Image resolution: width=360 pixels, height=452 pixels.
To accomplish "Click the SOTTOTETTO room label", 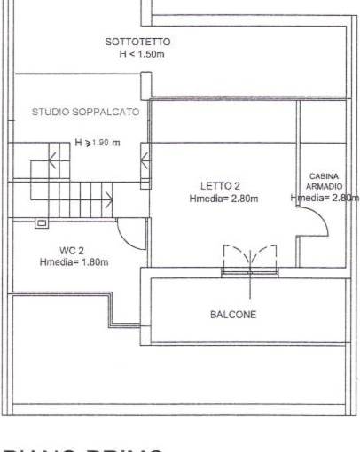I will [x=137, y=42].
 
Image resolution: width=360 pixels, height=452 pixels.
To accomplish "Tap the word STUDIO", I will [x=50, y=113].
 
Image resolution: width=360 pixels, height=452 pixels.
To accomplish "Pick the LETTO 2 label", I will [x=220, y=185].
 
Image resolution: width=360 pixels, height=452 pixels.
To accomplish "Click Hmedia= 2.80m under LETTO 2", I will [x=223, y=199].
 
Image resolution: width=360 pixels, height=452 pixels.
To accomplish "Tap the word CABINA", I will [x=325, y=176].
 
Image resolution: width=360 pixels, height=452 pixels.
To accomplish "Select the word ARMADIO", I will [x=325, y=187].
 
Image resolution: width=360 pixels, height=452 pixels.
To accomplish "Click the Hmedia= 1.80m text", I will [x=74, y=262].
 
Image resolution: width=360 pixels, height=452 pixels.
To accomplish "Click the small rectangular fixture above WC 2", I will [x=41, y=224].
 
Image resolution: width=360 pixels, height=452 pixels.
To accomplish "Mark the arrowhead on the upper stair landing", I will [x=55, y=160].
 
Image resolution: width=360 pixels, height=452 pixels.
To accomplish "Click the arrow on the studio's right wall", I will [x=144, y=160].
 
